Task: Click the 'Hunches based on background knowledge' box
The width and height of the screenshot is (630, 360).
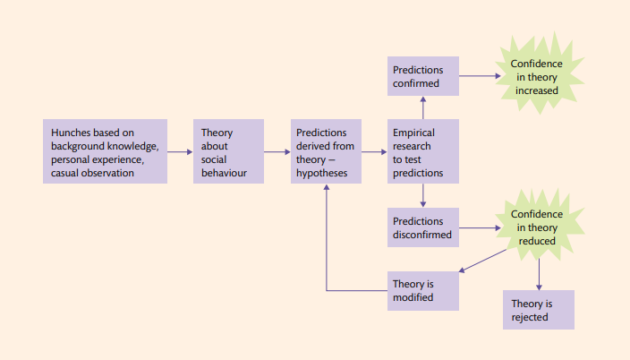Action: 105,151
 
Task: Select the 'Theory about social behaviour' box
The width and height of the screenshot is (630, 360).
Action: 228,151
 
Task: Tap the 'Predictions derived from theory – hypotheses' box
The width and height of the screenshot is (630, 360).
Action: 324,151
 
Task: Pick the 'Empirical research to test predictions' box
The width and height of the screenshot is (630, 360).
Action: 422,151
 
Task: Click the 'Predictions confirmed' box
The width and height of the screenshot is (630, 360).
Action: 422,77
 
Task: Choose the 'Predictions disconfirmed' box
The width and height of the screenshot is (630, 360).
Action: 422,227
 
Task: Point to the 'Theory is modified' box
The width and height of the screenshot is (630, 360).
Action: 422,290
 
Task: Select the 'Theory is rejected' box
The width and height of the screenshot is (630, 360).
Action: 538,309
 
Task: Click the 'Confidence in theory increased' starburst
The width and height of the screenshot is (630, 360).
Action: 537,77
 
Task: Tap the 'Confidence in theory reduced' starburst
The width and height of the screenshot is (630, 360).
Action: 537,227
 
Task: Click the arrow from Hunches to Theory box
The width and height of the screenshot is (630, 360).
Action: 180,152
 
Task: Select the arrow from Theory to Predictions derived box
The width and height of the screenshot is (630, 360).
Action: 277,152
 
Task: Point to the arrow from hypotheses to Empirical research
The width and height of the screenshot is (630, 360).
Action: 373,152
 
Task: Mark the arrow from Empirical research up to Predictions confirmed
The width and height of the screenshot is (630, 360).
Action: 422,107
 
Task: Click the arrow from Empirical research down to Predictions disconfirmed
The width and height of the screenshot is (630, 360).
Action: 422,195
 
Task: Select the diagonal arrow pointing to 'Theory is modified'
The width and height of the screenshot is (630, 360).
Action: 483,261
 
